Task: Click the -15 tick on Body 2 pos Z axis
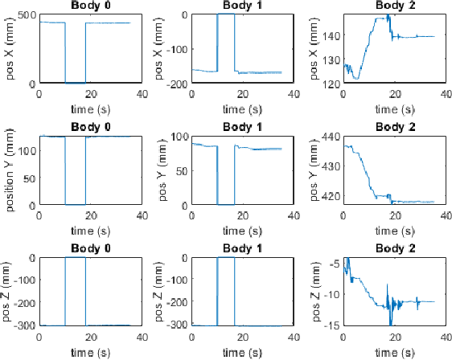332,325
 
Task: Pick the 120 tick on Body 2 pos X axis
331,83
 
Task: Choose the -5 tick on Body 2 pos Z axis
335,262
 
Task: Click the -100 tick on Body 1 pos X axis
179,49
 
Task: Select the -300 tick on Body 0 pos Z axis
26,325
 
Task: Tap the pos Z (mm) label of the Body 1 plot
165,291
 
